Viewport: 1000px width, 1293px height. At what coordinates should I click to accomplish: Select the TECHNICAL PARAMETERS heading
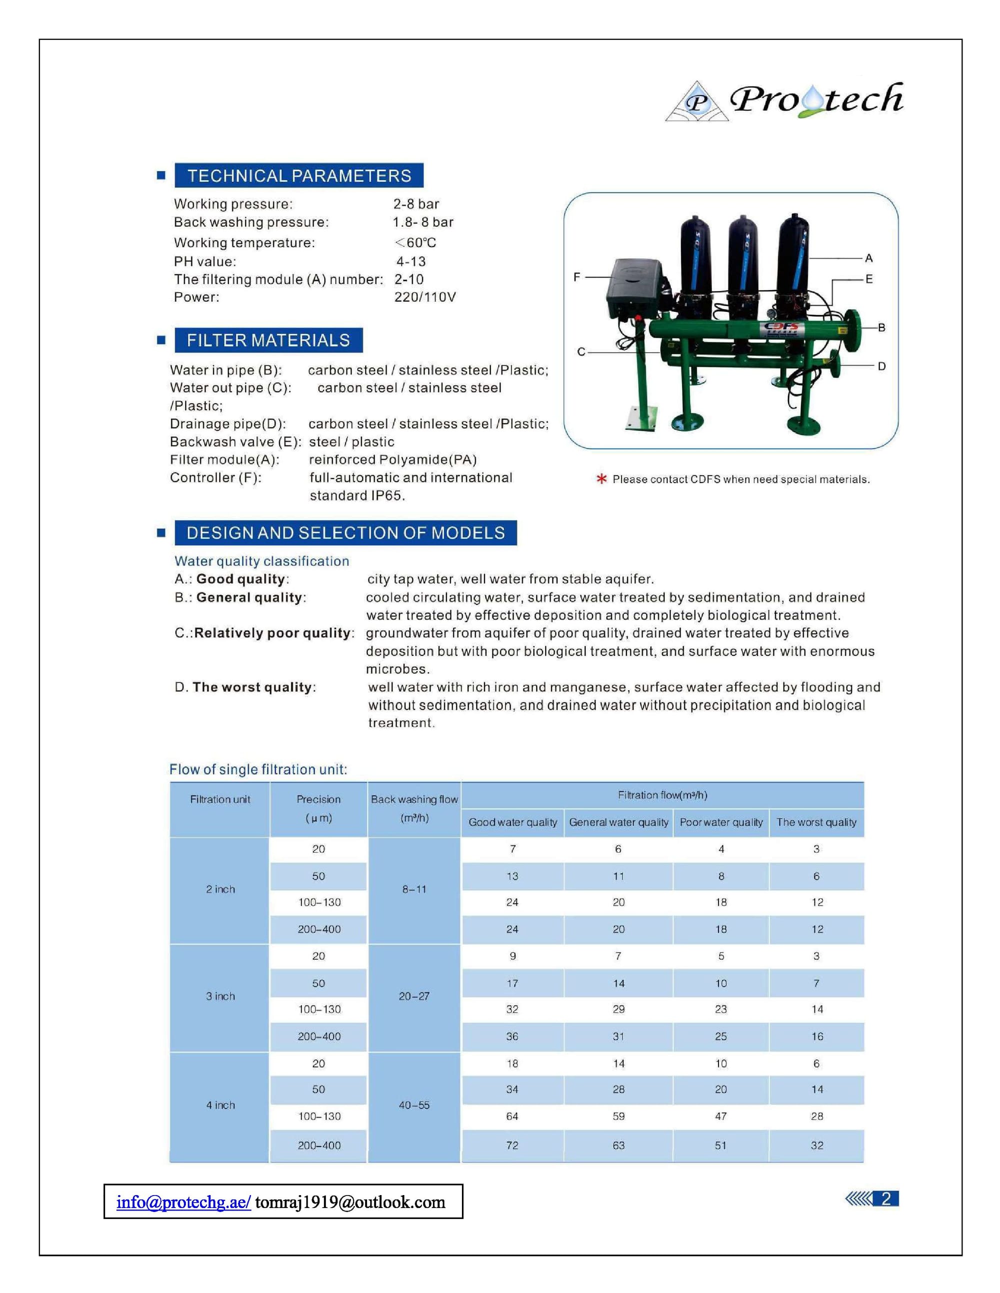click(298, 176)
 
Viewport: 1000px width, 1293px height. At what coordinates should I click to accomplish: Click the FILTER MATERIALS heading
click(268, 340)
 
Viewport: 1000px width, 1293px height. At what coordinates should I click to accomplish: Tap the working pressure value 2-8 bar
click(416, 204)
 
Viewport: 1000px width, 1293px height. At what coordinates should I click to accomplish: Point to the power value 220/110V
click(425, 297)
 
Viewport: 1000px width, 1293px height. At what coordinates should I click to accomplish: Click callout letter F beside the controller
click(577, 276)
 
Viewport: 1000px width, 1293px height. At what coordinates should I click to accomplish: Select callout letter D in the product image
click(881, 367)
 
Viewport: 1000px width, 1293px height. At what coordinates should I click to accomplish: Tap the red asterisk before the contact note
click(601, 479)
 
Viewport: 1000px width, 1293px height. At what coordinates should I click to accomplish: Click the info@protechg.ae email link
click(183, 1202)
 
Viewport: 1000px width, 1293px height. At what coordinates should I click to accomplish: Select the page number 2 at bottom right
click(886, 1199)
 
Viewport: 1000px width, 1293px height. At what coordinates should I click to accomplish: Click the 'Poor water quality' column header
click(721, 822)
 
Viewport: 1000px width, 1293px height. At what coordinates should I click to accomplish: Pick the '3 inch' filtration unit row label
click(220, 996)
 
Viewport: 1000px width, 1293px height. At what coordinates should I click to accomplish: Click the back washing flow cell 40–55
click(414, 1105)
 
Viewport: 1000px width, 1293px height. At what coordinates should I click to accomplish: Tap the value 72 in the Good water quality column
click(512, 1146)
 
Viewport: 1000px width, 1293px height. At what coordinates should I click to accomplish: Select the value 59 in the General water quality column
click(618, 1117)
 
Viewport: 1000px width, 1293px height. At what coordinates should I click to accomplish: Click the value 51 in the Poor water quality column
click(720, 1146)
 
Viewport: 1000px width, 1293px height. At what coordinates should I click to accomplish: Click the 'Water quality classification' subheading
click(262, 561)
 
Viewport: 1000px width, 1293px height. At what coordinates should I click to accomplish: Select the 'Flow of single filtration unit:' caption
click(258, 769)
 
